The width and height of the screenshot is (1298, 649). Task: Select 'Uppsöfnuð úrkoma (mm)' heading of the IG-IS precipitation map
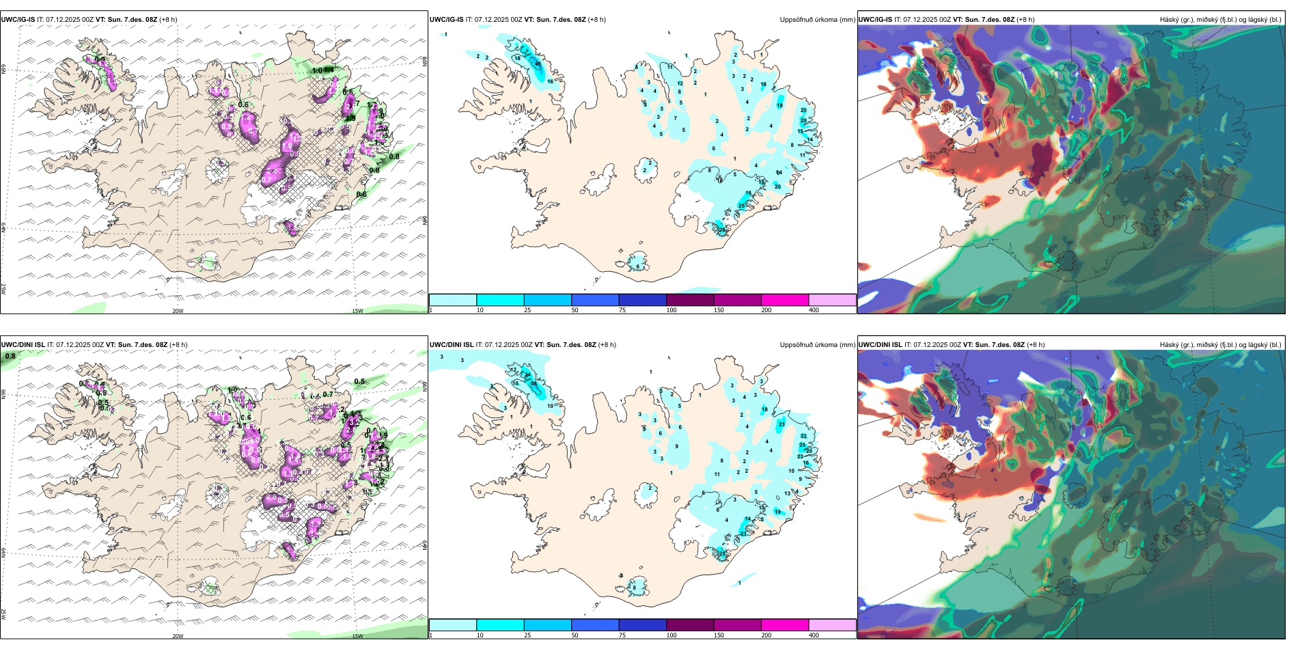(x=817, y=20)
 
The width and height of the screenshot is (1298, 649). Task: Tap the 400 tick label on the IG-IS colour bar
(x=814, y=310)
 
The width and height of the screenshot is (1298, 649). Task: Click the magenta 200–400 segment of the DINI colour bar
(x=785, y=625)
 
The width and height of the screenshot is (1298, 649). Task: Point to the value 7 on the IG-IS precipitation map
(x=676, y=118)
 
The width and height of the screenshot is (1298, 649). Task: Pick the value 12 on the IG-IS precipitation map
(x=680, y=83)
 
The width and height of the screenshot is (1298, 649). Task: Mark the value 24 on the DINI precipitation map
(x=527, y=375)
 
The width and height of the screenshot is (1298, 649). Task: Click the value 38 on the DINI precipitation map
(x=534, y=384)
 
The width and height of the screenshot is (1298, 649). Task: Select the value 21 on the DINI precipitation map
(x=744, y=534)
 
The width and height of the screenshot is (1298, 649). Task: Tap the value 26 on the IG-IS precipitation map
(x=723, y=230)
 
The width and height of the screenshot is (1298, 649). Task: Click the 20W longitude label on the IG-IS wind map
(x=178, y=311)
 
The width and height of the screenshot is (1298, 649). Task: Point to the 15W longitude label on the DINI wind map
(x=357, y=636)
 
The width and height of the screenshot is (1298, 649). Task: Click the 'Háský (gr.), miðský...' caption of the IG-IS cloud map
(x=1220, y=20)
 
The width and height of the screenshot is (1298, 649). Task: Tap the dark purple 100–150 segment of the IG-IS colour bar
(x=690, y=300)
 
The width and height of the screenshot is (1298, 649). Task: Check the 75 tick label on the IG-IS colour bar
(x=622, y=310)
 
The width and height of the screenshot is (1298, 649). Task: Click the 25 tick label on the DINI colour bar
(x=527, y=635)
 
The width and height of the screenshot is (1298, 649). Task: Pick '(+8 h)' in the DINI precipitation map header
(x=607, y=345)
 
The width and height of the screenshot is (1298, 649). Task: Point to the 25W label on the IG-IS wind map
(x=3, y=289)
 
